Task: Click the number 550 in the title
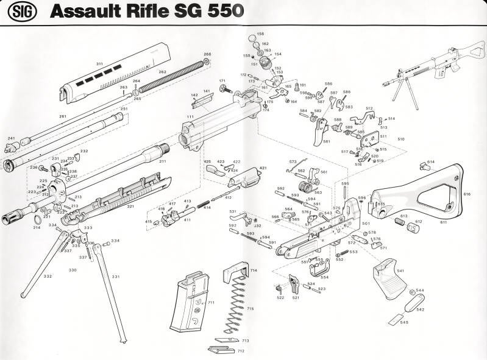[225, 10]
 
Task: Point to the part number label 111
[191, 116]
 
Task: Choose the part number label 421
[263, 168]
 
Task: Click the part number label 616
[467, 194]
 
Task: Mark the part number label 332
[48, 276]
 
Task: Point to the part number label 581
[326, 142]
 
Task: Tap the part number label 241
[11, 138]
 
